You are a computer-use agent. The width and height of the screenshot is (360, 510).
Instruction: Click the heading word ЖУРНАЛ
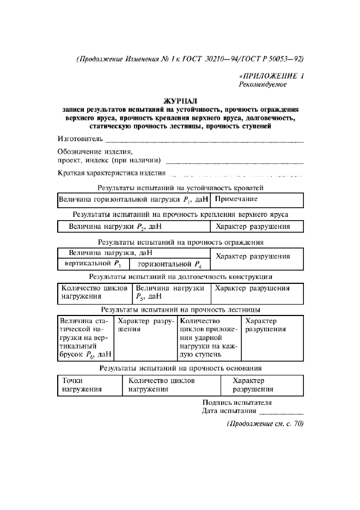click(x=180, y=101)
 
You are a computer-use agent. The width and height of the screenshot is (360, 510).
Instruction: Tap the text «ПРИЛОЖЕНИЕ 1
click(x=271, y=76)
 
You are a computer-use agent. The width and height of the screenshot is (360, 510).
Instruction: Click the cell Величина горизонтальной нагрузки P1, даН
click(x=133, y=201)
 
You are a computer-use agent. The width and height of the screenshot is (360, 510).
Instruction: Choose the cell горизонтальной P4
click(x=169, y=264)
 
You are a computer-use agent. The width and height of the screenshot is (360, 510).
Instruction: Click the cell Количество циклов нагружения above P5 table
click(x=94, y=293)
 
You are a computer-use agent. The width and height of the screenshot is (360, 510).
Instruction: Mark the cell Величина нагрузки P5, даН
click(x=170, y=293)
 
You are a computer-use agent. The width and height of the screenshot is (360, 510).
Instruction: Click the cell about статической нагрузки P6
click(x=85, y=338)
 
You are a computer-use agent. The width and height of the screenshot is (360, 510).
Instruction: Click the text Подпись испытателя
click(x=236, y=403)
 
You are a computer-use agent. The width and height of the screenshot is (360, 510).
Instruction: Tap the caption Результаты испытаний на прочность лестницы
click(x=180, y=309)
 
